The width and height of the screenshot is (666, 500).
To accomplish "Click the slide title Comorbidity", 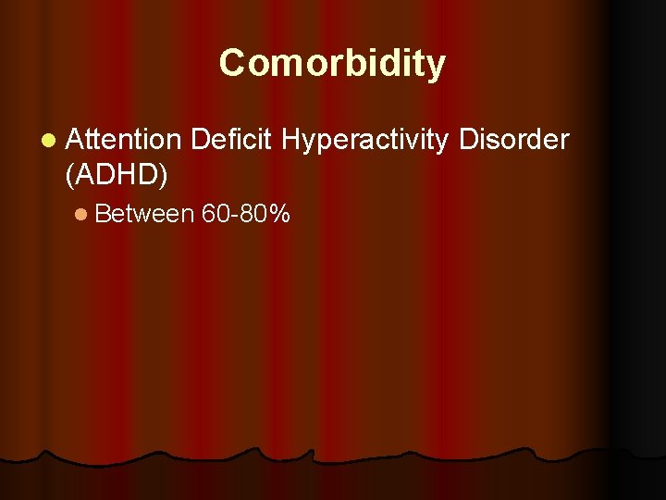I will [x=332, y=64].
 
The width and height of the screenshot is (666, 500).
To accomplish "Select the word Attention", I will [x=124, y=140].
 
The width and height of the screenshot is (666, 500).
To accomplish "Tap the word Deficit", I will [x=231, y=140].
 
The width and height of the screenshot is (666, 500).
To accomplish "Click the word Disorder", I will [x=515, y=140].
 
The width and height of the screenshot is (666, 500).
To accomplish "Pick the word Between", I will [x=144, y=215].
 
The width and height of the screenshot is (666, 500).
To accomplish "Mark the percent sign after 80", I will [x=280, y=215].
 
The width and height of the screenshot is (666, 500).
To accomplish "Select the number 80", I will [x=253, y=215].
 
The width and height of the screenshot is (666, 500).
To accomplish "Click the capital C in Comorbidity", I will [x=231, y=64].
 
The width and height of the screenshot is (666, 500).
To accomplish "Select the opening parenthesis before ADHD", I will [x=71, y=172].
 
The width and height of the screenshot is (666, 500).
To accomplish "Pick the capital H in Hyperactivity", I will [x=290, y=140].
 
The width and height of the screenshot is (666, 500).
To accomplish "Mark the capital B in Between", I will [x=102, y=215].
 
